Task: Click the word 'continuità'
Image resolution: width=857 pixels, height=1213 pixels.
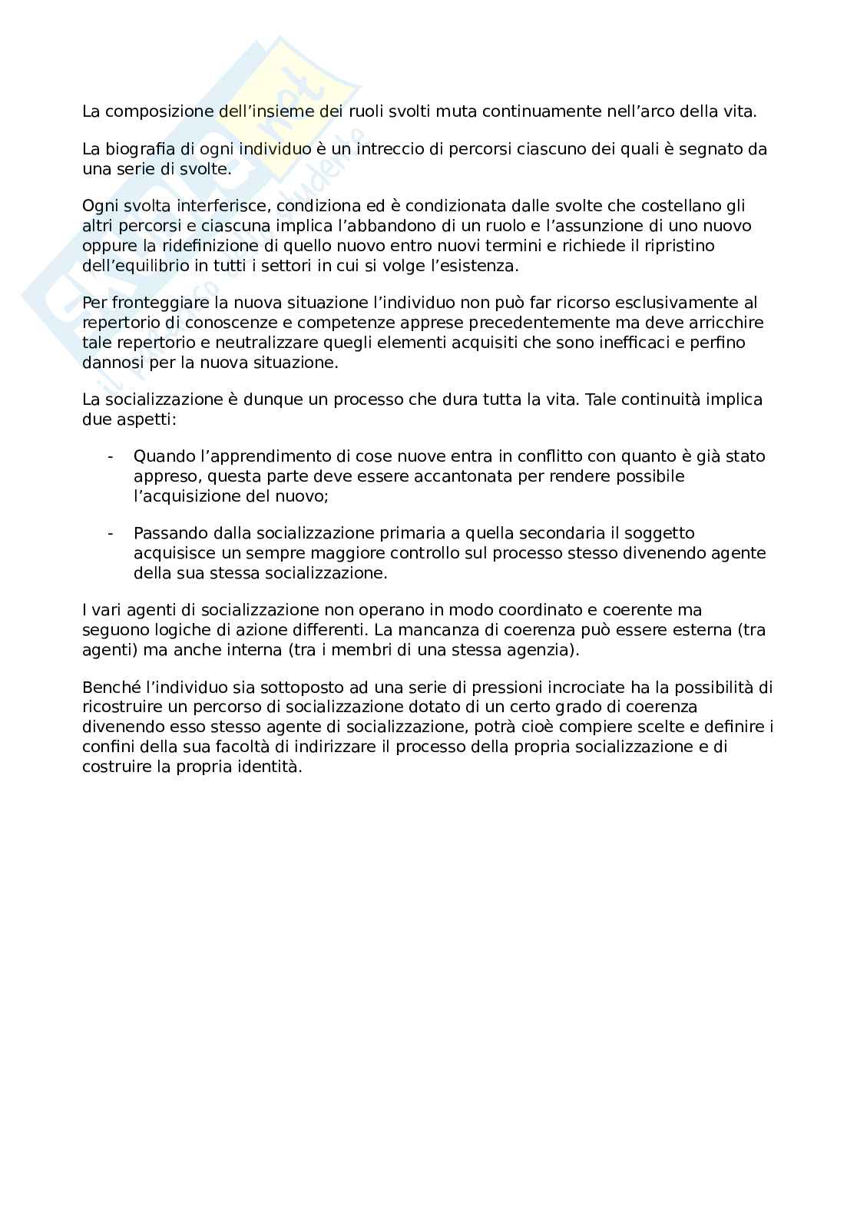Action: click(661, 399)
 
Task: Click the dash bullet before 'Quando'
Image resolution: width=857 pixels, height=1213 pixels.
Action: click(111, 456)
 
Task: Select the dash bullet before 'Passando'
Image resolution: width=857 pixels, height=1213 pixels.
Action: click(111, 533)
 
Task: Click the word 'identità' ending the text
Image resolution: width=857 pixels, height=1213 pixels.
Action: click(271, 767)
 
